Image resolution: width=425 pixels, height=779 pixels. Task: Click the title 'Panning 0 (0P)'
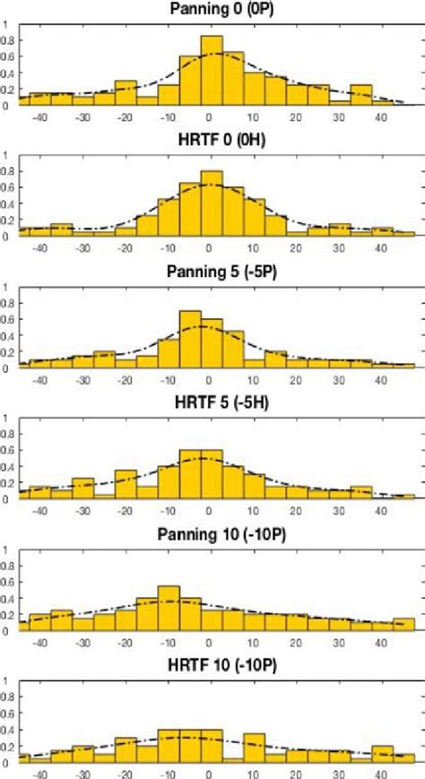pyautogui.click(x=212, y=9)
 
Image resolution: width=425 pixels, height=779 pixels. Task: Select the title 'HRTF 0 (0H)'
pyautogui.click(x=212, y=141)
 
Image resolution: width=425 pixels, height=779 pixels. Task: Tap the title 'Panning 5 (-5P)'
pyautogui.click(x=212, y=271)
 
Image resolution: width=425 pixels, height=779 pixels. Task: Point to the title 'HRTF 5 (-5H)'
pyautogui.click(x=212, y=402)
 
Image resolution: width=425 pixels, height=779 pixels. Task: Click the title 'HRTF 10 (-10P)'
pyautogui.click(x=212, y=664)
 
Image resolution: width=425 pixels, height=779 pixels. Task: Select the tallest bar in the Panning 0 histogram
pyautogui.click(x=212, y=72)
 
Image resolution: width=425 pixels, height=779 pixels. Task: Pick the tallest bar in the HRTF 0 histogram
pyautogui.click(x=212, y=204)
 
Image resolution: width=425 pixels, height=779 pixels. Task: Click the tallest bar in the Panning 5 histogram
pyautogui.click(x=190, y=340)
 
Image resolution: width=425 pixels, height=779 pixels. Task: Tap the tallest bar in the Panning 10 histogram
pyautogui.click(x=169, y=610)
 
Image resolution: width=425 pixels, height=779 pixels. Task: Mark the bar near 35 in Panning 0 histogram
pyautogui.click(x=361, y=95)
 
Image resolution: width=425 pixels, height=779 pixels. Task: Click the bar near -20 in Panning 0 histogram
pyautogui.click(x=126, y=93)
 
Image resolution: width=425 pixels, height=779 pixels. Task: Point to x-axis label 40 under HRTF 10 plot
pyautogui.click(x=382, y=773)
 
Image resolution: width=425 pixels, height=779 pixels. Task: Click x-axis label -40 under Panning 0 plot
pyautogui.click(x=39, y=117)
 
